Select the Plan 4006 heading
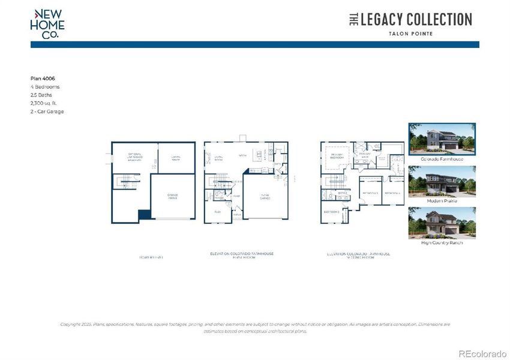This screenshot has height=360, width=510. coord(43,78)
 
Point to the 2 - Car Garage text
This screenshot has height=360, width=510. coord(47,112)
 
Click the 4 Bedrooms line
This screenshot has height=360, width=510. coord(45,86)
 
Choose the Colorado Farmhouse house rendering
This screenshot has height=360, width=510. coord(442,139)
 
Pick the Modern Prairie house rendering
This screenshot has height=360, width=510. coord(442,181)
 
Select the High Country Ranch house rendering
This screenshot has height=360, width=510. coord(442,223)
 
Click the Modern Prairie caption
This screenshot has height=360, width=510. coord(442,201)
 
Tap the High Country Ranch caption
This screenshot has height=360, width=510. coord(442,242)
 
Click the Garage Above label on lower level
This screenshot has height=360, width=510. coord(172,196)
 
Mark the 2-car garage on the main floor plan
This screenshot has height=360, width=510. coord(265,196)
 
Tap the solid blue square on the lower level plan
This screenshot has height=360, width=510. coord(144,215)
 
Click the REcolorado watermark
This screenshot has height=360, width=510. coord(482,353)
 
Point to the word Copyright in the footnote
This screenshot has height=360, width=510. coord(71,324)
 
